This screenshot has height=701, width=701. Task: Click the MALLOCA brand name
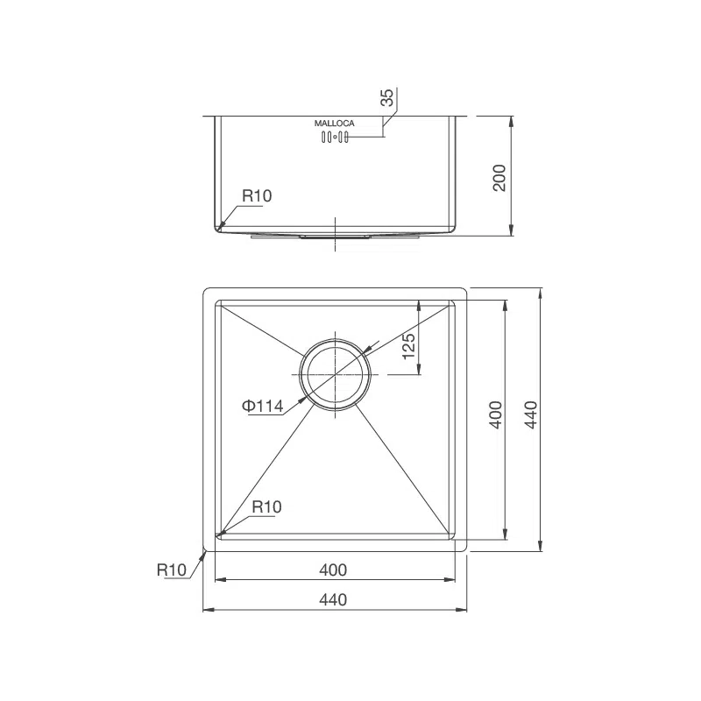[335, 123]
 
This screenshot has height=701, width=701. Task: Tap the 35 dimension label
[387, 97]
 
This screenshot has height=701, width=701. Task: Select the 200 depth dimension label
[499, 178]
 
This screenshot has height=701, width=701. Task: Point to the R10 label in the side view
[257, 195]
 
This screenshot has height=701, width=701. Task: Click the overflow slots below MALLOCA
[335, 138]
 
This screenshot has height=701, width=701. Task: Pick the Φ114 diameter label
[262, 406]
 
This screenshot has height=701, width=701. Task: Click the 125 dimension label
[408, 346]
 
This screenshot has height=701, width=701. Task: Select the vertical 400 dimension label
[496, 414]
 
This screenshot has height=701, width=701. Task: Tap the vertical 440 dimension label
[531, 414]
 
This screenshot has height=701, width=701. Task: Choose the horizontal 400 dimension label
[333, 570]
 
